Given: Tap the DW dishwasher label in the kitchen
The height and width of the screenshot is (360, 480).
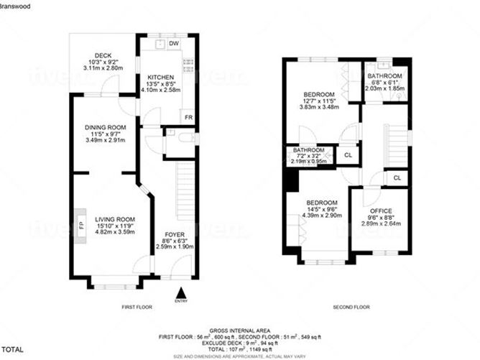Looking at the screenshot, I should point(174,45).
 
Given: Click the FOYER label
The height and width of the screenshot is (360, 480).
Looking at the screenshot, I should point(175,234).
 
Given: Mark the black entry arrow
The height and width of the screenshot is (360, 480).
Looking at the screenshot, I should point(181,292).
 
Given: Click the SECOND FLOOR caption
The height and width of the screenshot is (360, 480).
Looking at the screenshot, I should point(350,307).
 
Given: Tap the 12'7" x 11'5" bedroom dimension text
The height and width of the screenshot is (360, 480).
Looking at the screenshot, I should point(317,101).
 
